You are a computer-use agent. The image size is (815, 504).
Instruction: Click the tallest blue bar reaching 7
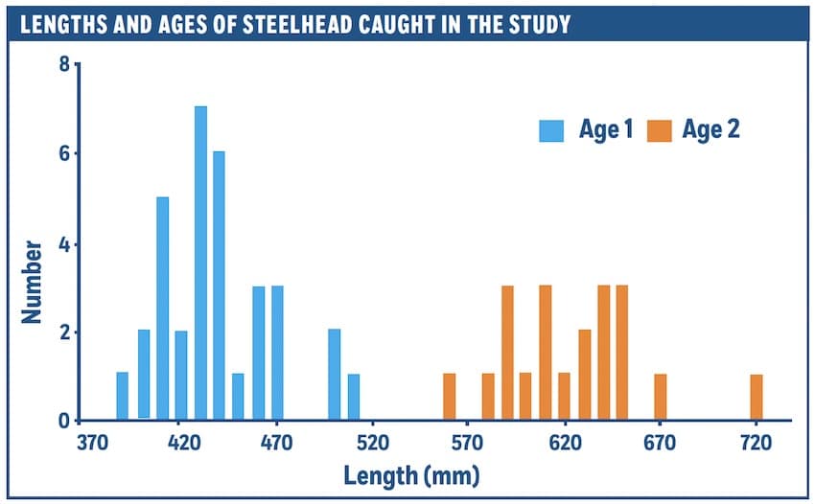[x=200, y=263]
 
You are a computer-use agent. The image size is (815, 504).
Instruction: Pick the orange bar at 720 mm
[x=757, y=398]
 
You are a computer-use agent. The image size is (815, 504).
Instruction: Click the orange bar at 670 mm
[x=660, y=398]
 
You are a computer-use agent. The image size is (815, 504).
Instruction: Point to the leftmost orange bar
[x=449, y=398]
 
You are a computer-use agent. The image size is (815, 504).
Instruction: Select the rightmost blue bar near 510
[x=353, y=398]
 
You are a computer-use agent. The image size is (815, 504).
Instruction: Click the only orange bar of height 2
[x=585, y=375]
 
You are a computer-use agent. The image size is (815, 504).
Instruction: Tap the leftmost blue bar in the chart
[x=122, y=397]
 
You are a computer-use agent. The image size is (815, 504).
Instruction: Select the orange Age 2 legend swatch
[x=660, y=130]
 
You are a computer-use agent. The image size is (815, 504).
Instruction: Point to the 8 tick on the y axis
[x=63, y=65]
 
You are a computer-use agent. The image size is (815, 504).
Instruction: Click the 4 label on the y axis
[x=63, y=244]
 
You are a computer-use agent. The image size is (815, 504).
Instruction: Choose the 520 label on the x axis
[x=372, y=444]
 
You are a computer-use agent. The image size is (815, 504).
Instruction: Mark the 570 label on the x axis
[x=467, y=444]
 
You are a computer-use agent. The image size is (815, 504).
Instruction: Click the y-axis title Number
[x=32, y=280]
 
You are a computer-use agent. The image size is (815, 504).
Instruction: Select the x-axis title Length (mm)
[x=412, y=475]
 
